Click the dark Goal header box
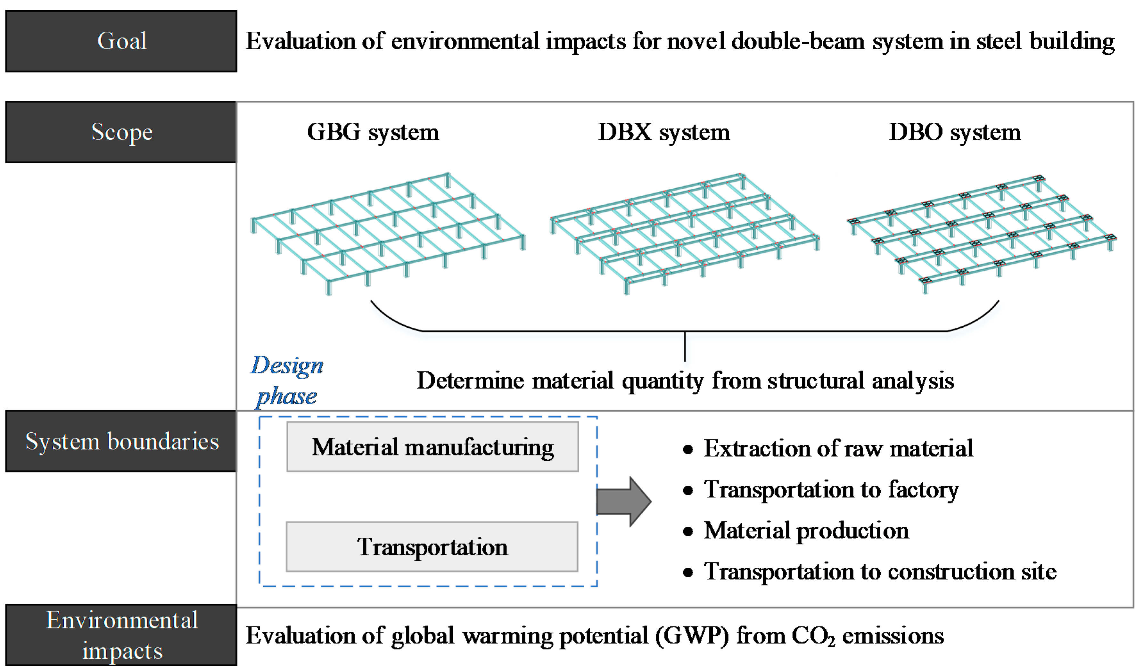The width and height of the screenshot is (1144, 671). (x=121, y=41)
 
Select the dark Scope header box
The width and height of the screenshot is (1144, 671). (x=121, y=132)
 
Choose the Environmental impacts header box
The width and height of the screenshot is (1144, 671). (x=121, y=635)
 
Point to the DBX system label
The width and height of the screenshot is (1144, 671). (x=664, y=133)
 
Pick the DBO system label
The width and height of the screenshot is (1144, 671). (x=955, y=133)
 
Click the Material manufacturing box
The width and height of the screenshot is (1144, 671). (x=432, y=447)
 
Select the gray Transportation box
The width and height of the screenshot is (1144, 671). (x=432, y=547)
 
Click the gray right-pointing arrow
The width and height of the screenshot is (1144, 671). (x=624, y=502)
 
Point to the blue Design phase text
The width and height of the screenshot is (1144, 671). (x=287, y=381)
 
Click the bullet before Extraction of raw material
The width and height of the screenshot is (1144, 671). (x=688, y=449)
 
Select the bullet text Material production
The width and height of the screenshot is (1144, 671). (x=806, y=531)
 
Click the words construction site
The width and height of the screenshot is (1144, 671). (x=972, y=572)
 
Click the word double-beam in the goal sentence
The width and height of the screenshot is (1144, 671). (x=798, y=41)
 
